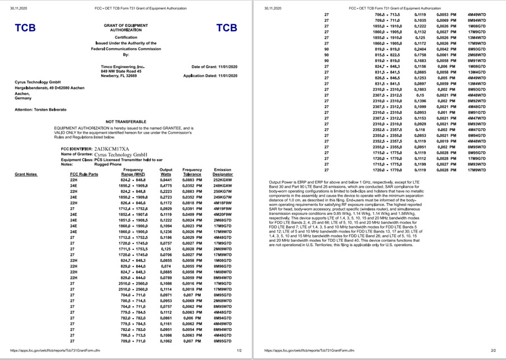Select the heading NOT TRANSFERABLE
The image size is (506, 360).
pyautogui.click(x=126, y=121)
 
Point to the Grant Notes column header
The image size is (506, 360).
pyautogui.click(x=26, y=174)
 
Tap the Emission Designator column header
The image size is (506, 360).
pyautogui.click(x=223, y=172)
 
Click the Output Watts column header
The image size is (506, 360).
pyautogui.click(x=166, y=172)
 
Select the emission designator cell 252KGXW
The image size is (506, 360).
pyautogui.click(x=223, y=180)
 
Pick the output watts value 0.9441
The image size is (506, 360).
pyautogui.click(x=166, y=180)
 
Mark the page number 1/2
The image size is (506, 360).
pyautogui.click(x=238, y=350)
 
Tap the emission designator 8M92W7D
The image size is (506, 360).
pyautogui.click(x=476, y=101)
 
